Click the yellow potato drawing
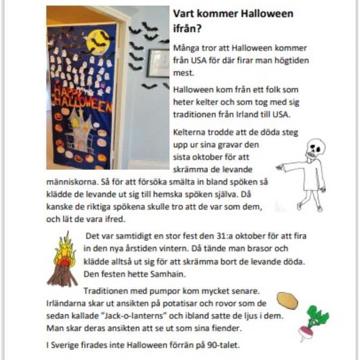pyautogui.click(x=288, y=301)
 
